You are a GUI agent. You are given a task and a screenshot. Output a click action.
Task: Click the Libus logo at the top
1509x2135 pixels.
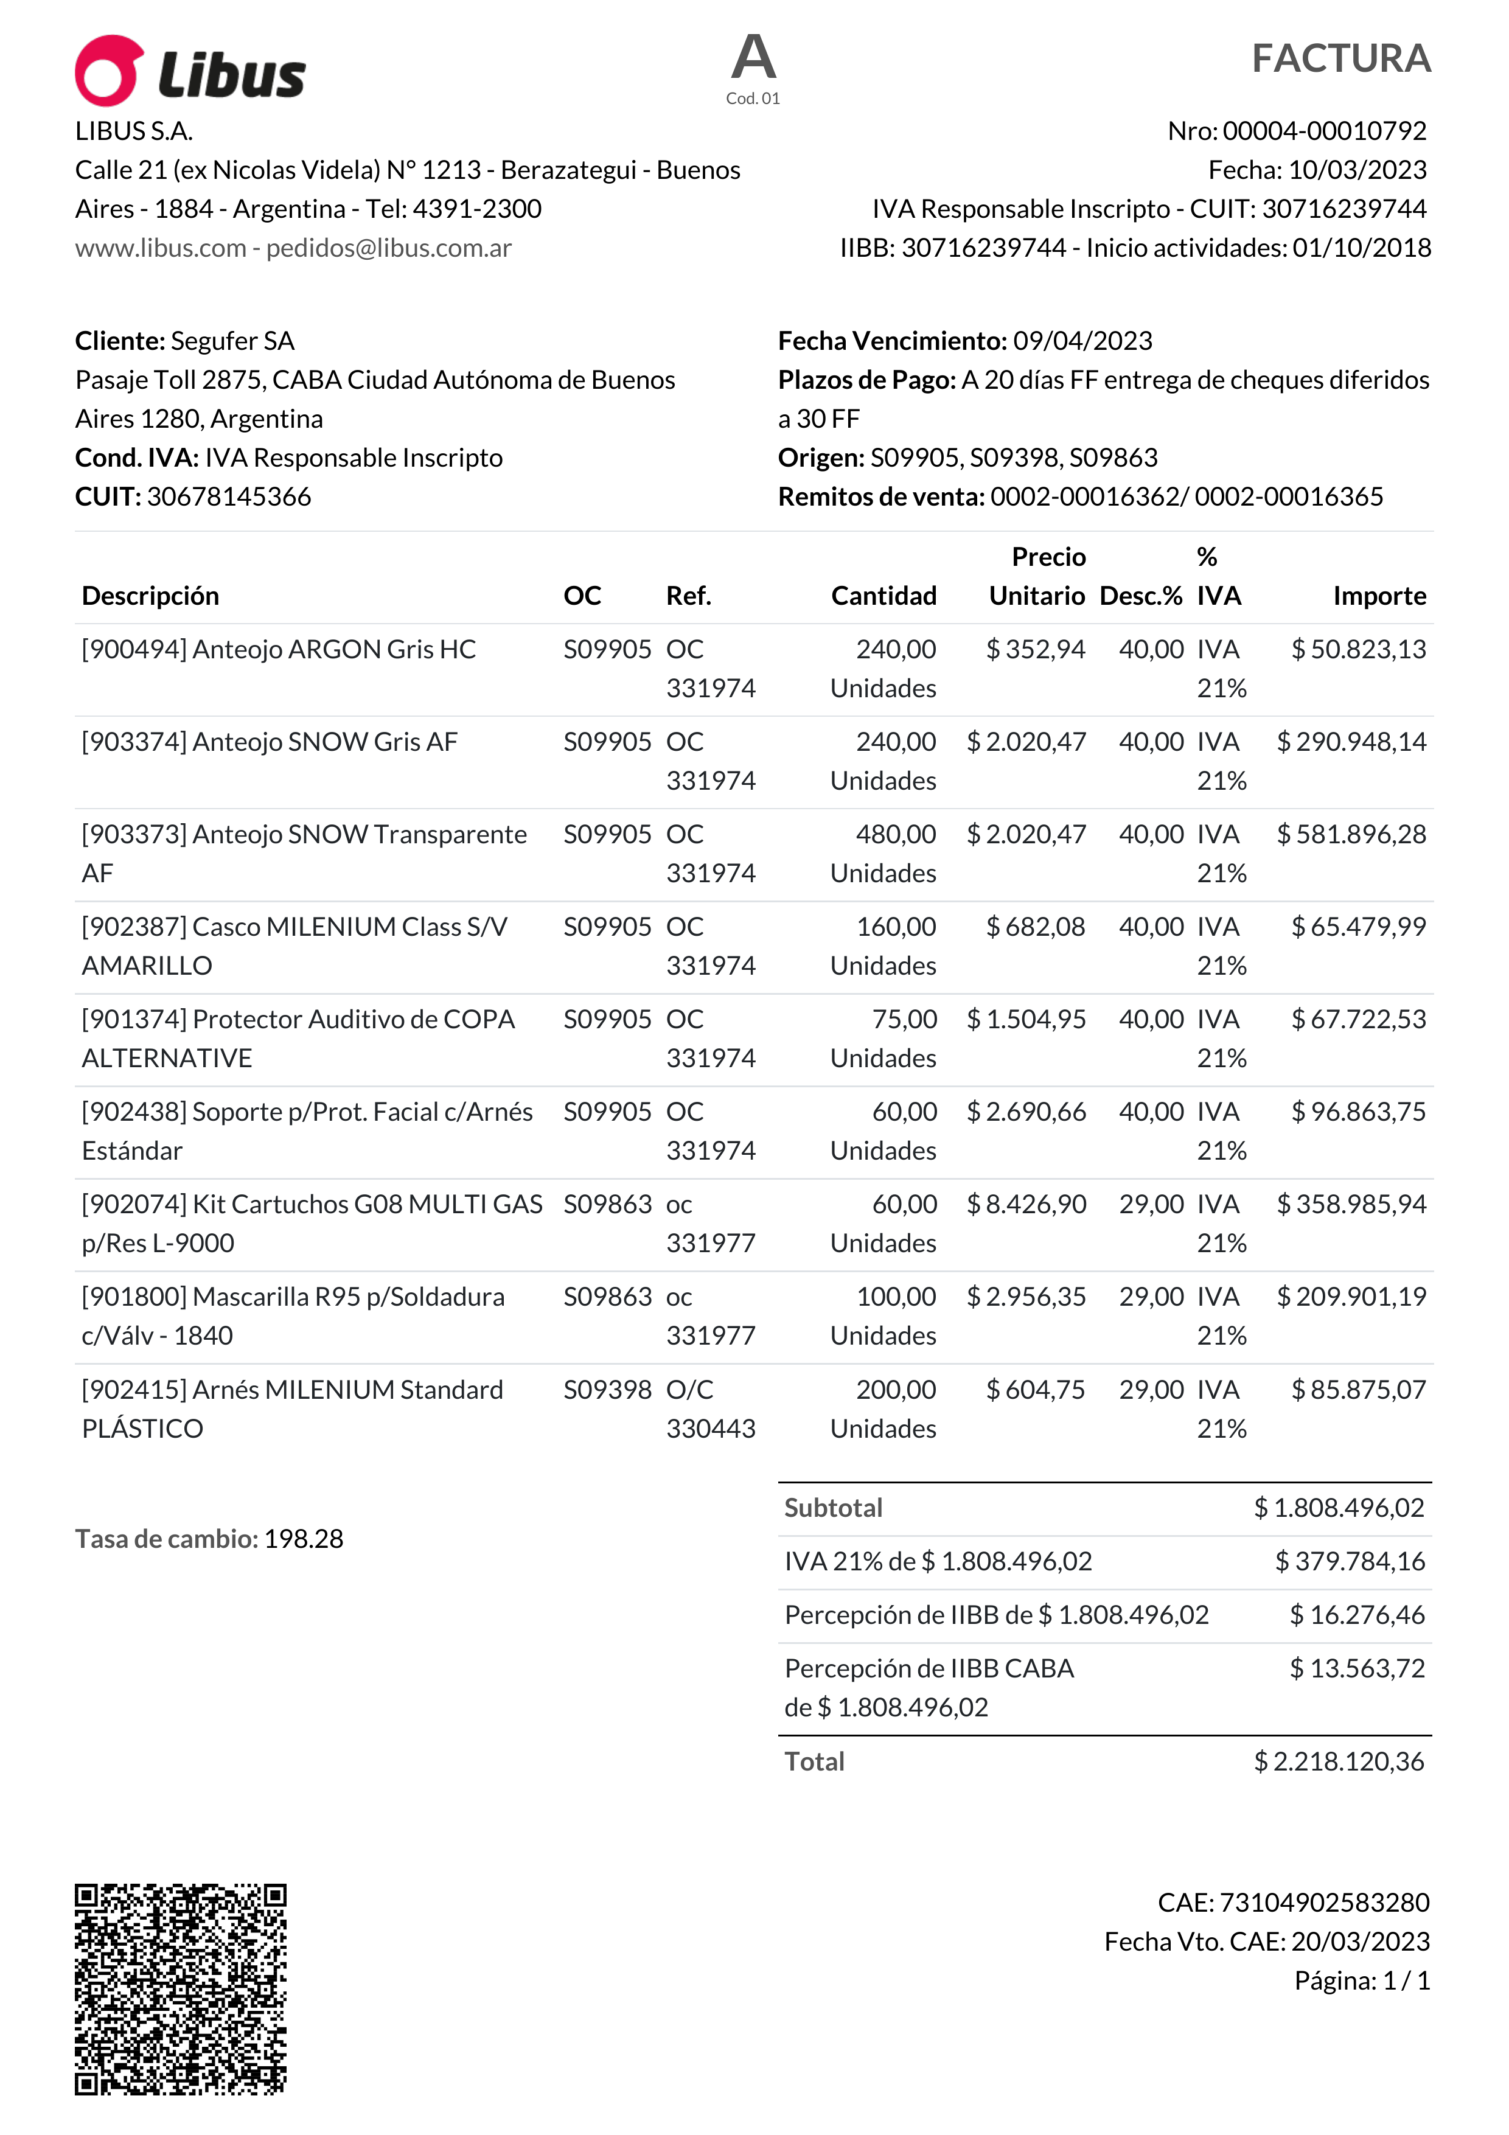pos(190,72)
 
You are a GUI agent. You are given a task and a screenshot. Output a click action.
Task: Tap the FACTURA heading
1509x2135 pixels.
pos(1340,58)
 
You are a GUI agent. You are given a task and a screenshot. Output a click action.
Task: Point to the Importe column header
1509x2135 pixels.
pos(1379,596)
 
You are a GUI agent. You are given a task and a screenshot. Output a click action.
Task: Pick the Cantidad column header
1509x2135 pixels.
pos(883,596)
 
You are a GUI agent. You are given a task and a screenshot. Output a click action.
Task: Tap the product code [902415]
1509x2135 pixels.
pos(134,1389)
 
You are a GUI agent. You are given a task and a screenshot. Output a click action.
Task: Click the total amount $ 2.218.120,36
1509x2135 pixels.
pos(1338,1761)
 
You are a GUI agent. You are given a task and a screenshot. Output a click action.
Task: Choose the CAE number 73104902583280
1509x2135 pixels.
pos(1324,1903)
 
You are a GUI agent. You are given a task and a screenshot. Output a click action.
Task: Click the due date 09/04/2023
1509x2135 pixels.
pos(1082,341)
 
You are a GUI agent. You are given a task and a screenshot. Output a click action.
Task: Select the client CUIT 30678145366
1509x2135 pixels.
pos(229,496)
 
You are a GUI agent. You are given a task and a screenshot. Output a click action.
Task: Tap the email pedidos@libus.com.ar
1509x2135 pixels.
pos(389,248)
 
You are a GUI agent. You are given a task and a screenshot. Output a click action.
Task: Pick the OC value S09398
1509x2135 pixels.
pos(607,1389)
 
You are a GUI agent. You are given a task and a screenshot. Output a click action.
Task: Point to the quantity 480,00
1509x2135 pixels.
pos(895,834)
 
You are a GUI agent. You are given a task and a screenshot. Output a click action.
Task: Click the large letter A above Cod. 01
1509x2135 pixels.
pos(753,58)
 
